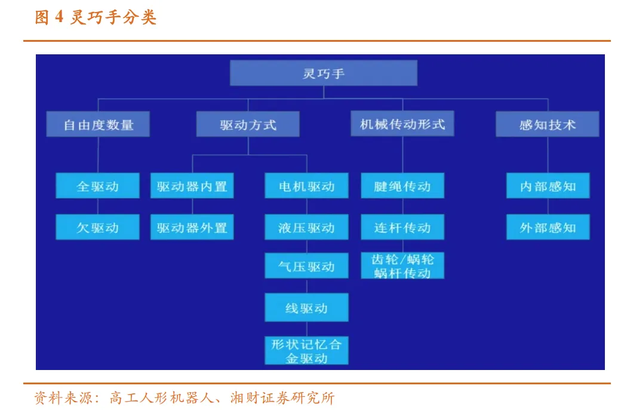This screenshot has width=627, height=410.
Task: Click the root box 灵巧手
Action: coord(323,73)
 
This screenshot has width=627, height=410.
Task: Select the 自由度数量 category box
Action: coord(99,125)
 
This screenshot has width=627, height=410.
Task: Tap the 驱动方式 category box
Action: coord(248,125)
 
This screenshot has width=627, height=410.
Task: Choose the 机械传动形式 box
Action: coord(402,124)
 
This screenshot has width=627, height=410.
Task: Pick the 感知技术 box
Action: coord(547,125)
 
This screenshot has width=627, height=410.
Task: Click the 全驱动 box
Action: coord(98,186)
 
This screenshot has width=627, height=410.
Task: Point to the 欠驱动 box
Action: coord(98,227)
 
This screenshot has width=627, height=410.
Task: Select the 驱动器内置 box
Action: coord(192,186)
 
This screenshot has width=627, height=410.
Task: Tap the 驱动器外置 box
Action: coord(192,227)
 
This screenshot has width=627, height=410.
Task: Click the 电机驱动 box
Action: coord(306,186)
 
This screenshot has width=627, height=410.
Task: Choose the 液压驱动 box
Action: coord(306,227)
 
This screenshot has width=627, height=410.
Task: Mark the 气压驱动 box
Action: coord(306,266)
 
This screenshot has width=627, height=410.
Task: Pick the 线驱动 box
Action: coord(306,309)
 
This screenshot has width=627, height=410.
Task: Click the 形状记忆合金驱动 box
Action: coord(306,351)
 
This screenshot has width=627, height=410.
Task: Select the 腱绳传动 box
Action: coord(402,186)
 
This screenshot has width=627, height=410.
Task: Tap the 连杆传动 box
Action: coord(402,227)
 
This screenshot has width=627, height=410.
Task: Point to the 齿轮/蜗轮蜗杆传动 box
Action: coord(402,266)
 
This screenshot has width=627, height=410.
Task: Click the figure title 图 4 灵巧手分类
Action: coord(96,17)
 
